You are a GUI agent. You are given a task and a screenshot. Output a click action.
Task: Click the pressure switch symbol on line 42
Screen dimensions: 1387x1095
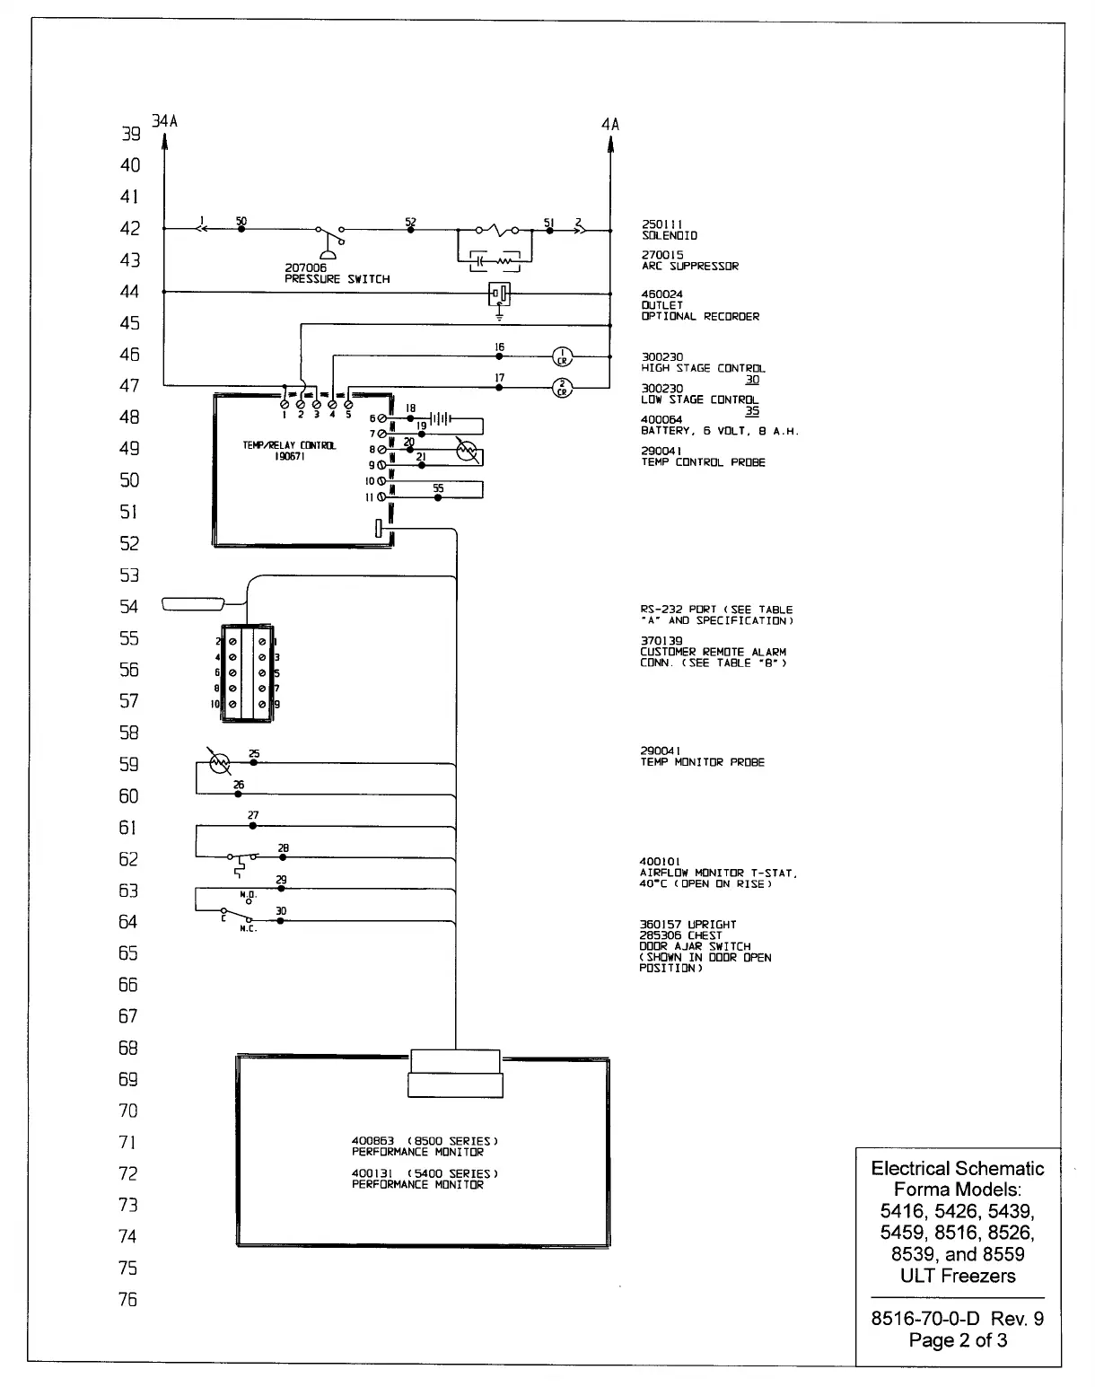click(x=329, y=241)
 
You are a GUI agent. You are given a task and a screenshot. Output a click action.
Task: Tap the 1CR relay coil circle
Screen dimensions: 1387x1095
click(x=562, y=356)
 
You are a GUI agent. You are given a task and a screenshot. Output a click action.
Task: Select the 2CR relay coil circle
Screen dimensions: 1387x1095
click(x=562, y=388)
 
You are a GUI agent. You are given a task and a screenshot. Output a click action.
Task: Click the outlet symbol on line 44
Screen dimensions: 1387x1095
click(x=499, y=292)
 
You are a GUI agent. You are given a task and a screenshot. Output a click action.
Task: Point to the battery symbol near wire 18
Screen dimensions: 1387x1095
click(x=441, y=418)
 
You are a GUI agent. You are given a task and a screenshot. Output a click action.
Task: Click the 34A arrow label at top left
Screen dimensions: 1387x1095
click(x=164, y=121)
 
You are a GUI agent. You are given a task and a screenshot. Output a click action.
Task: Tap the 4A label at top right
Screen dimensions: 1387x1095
click(x=610, y=124)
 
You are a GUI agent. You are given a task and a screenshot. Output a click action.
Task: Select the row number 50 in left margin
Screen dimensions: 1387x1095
click(x=130, y=480)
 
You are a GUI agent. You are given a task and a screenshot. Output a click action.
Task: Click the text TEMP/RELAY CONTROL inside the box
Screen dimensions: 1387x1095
click(x=289, y=446)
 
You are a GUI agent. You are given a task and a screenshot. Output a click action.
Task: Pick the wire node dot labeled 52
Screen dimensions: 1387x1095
click(x=411, y=230)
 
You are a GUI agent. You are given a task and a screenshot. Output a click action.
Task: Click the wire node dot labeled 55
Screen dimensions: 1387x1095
click(x=438, y=497)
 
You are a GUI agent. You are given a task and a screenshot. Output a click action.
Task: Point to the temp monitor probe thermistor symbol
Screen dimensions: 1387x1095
click(x=219, y=764)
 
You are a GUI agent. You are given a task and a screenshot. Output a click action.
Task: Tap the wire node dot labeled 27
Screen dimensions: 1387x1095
click(x=253, y=826)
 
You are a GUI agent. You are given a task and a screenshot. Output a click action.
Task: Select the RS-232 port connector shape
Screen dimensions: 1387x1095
click(x=191, y=604)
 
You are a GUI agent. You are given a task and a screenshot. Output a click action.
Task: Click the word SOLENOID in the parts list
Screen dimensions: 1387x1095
click(x=670, y=235)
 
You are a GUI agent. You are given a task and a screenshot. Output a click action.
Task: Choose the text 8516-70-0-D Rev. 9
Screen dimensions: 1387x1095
click(x=958, y=1319)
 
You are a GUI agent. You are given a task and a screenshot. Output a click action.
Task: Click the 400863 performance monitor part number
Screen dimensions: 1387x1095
click(x=372, y=1141)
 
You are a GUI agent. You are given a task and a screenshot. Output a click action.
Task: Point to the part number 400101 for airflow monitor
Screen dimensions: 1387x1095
click(x=661, y=862)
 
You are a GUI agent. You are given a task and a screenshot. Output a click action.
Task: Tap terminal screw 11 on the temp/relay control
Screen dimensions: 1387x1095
click(x=381, y=496)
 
